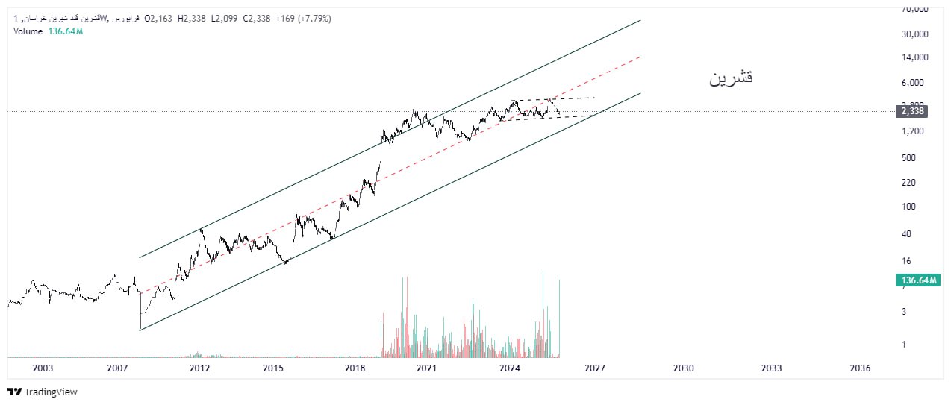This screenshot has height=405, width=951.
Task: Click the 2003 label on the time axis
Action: (x=43, y=368)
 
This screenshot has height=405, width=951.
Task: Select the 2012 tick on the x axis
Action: (x=199, y=368)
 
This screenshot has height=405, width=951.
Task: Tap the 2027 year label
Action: (x=594, y=368)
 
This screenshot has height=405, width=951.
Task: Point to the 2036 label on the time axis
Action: (x=860, y=368)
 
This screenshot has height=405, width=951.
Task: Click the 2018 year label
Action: (x=355, y=368)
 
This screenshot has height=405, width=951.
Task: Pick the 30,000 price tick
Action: (x=914, y=34)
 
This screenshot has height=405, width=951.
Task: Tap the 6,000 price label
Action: (x=911, y=83)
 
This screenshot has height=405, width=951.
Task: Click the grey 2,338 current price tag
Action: (x=912, y=111)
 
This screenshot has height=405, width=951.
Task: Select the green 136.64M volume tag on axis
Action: (x=919, y=280)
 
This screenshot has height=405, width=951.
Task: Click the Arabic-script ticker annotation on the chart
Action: (x=731, y=78)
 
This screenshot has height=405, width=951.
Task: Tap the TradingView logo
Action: (x=43, y=392)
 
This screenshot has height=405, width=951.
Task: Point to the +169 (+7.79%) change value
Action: (x=303, y=18)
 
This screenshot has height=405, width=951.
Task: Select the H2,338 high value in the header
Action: (x=193, y=18)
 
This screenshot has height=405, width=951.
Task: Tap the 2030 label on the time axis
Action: (x=683, y=368)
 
